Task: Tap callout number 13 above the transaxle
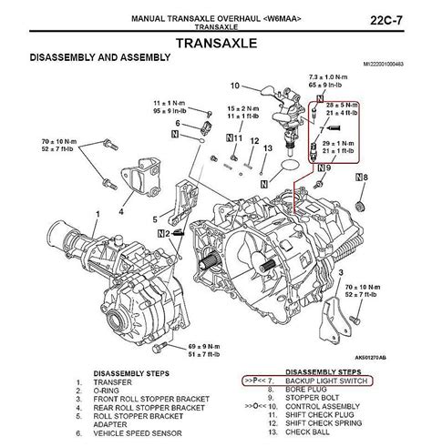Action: click(x=268, y=147)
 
